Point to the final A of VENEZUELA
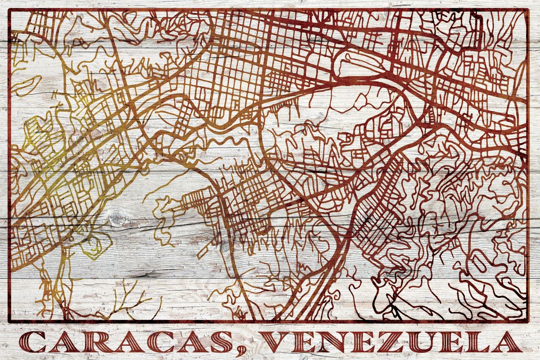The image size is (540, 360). pos(508,343)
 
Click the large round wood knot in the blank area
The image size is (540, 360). pos(118,219)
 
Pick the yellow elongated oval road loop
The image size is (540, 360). pos(27,85)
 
